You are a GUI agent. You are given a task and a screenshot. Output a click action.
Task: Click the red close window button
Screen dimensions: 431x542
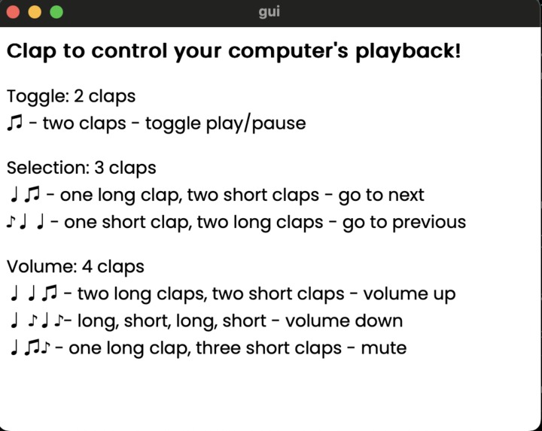14,12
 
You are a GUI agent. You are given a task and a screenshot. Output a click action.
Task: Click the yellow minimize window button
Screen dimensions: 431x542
35,12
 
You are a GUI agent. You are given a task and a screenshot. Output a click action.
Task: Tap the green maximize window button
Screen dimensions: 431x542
56,12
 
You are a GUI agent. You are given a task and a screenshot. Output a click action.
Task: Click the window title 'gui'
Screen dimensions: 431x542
269,12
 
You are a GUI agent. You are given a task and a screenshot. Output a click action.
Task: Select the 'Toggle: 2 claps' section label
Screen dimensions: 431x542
71,96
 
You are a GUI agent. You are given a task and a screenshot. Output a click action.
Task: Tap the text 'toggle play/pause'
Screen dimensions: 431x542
225,123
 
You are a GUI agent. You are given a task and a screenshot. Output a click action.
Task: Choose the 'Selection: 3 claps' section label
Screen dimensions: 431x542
81,168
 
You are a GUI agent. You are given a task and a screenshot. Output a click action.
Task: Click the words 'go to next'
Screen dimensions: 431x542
381,195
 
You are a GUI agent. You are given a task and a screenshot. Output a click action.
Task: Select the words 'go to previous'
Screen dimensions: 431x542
404,222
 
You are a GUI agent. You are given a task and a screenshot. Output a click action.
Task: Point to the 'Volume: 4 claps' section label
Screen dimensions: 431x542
75,266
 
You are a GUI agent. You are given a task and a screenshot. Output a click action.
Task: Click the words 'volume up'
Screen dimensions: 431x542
410,293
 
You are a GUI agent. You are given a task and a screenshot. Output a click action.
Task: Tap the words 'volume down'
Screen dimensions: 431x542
344,320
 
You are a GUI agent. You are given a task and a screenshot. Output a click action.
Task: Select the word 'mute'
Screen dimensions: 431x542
383,348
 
